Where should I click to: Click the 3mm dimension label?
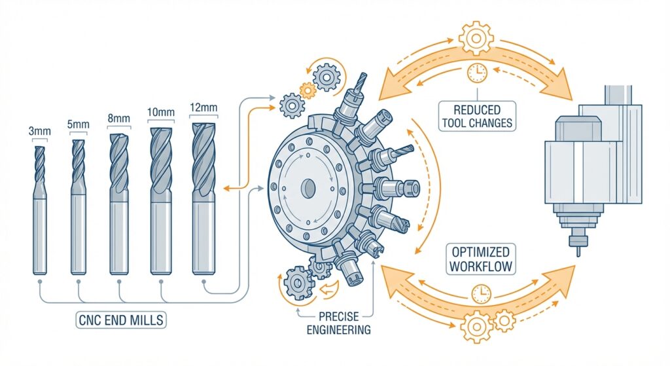(x=37, y=132)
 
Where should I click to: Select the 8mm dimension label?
(x=118, y=119)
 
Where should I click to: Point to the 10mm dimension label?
(x=161, y=113)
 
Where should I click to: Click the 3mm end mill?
(x=38, y=210)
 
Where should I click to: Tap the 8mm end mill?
(x=119, y=203)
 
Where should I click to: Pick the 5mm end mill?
(x=78, y=206)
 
